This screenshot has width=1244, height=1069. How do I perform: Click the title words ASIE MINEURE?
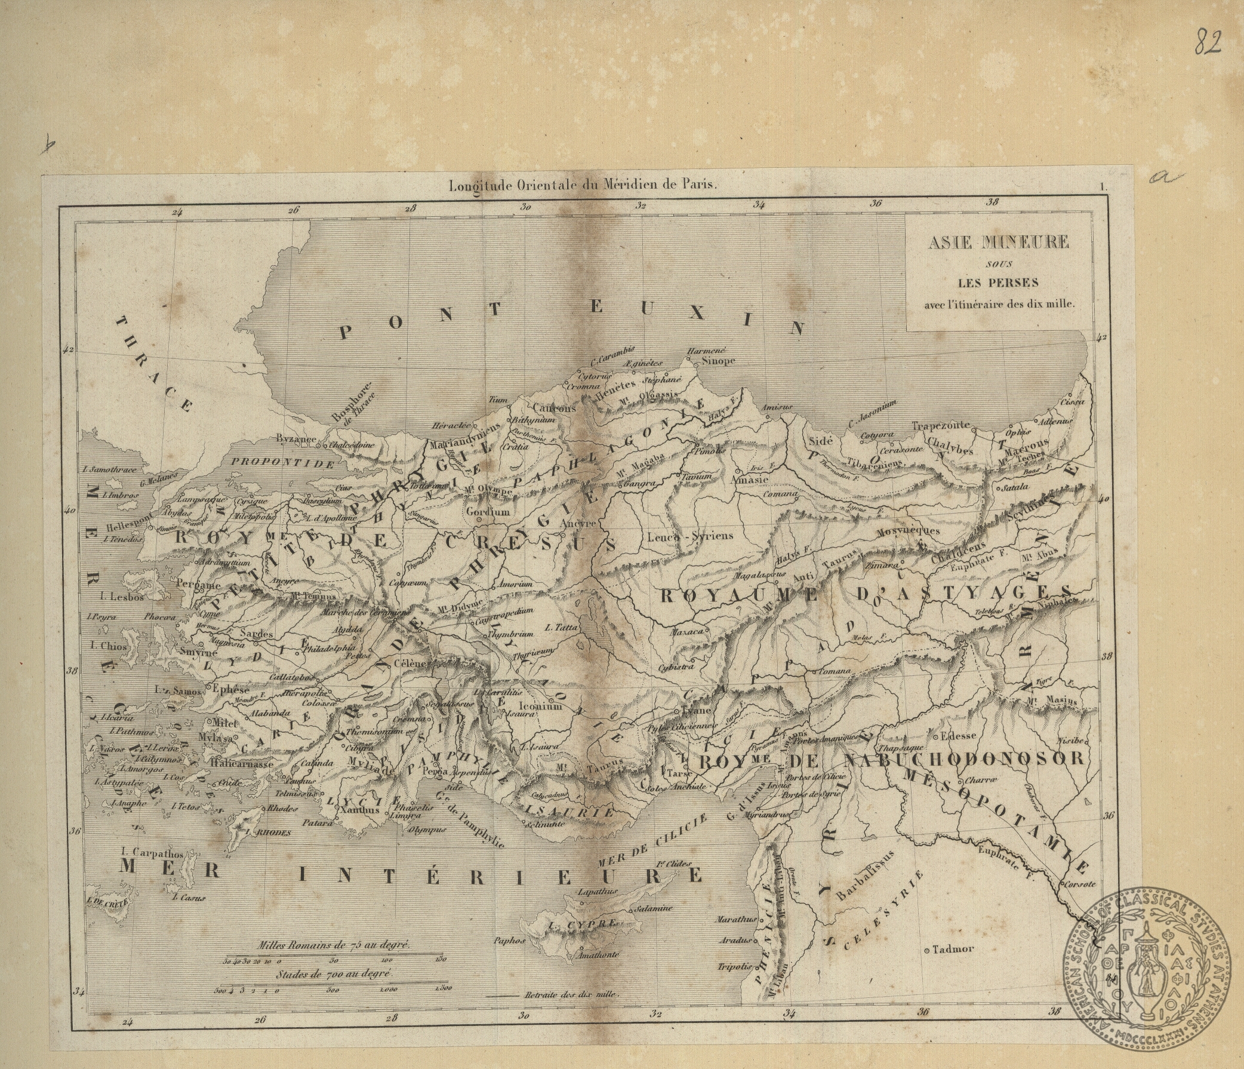click(x=998, y=242)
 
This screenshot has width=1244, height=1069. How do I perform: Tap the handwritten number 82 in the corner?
click(x=1208, y=41)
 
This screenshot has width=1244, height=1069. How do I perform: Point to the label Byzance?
click(x=295, y=439)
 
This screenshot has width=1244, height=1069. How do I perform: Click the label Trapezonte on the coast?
click(x=941, y=425)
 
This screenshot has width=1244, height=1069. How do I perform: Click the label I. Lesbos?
click(x=122, y=597)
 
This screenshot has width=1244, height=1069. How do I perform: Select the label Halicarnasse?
click(x=242, y=764)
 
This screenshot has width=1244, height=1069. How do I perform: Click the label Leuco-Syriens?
click(x=691, y=536)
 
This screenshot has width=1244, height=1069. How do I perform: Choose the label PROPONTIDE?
click(x=282, y=463)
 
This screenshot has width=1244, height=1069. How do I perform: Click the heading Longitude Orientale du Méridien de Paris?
click(x=584, y=186)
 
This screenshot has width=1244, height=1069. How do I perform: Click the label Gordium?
click(x=488, y=512)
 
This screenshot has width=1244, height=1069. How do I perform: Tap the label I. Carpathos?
click(x=150, y=852)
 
